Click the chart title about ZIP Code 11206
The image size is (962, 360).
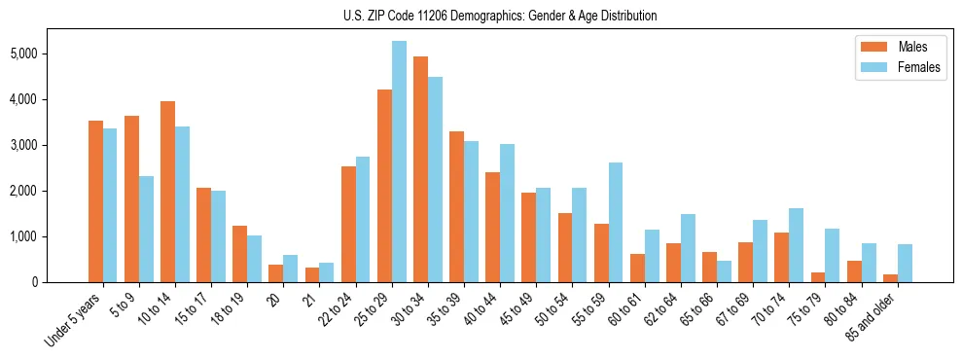tap(500, 16)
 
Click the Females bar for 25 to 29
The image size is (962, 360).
tap(399, 162)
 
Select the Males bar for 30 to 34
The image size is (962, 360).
tap(420, 169)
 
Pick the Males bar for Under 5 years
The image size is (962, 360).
tap(95, 201)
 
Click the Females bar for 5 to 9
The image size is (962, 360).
tap(146, 229)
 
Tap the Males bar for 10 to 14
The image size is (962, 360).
tap(167, 192)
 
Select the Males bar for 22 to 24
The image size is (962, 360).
tap(348, 224)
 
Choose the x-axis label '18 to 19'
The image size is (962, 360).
tap(228, 310)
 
